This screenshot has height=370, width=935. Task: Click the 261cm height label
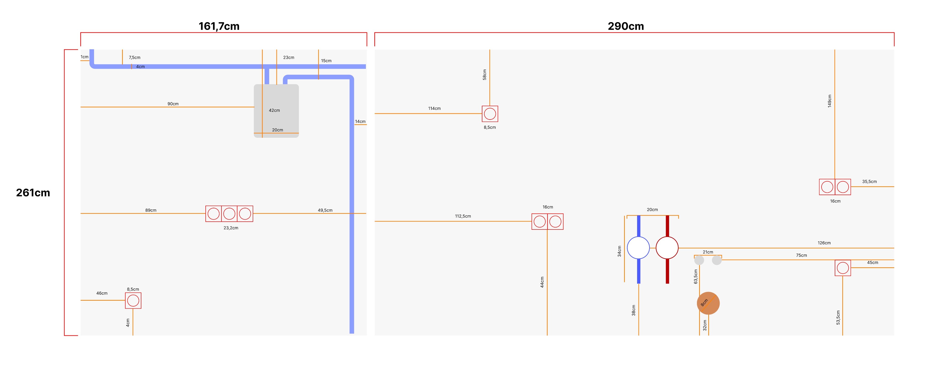click(33, 193)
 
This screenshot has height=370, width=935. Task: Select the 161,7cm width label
click(219, 26)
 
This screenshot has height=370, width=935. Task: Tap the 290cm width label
click(626, 26)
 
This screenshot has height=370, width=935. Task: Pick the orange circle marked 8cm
click(708, 303)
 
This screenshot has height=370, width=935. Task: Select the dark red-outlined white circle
click(667, 248)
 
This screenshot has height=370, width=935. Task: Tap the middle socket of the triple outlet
click(229, 214)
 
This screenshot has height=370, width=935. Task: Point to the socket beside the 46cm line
click(133, 301)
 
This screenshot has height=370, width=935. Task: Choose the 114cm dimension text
click(434, 108)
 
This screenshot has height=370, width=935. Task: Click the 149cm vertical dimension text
click(829, 101)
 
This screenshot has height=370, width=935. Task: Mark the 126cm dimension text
click(824, 243)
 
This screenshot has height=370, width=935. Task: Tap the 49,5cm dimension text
click(325, 210)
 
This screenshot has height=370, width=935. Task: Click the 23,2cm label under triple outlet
click(231, 228)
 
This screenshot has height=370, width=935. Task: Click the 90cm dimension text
click(173, 104)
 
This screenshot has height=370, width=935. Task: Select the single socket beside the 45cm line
click(843, 268)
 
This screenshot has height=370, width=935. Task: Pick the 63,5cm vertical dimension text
click(696, 276)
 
